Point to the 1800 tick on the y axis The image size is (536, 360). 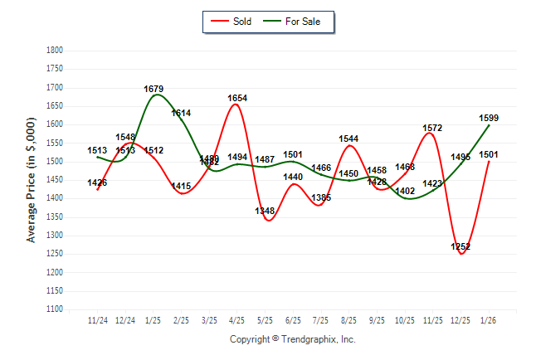[54, 51]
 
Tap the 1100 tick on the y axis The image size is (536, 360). [54, 309]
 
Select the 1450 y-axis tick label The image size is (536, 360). [54, 180]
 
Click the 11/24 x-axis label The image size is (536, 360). [98, 320]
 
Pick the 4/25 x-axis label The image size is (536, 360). [237, 320]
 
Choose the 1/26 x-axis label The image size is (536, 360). [489, 320]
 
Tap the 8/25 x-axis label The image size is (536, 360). [349, 320]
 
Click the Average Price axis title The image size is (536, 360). [32, 180]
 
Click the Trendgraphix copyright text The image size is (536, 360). [292, 339]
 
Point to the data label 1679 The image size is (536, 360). [153, 89]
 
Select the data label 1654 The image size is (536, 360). [237, 98]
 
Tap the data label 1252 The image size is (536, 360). [460, 247]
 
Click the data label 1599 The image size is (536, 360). [489, 119]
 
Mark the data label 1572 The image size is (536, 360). [433, 129]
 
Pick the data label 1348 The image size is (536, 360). [266, 212]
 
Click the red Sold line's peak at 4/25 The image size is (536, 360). [237, 105]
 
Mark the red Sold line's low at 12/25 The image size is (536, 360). [460, 253]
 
